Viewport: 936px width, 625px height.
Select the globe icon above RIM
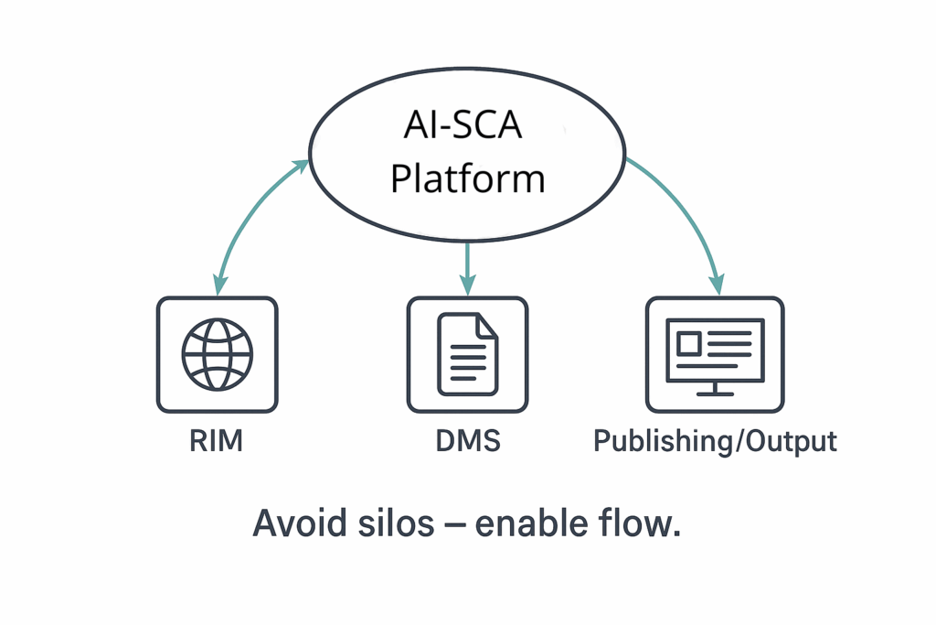(x=217, y=352)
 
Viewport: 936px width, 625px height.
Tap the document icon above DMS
(x=467, y=353)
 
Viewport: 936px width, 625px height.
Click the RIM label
(x=217, y=441)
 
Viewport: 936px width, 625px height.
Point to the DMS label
(x=467, y=441)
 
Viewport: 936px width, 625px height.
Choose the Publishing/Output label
(x=715, y=441)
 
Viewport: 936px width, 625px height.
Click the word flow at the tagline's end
(x=644, y=525)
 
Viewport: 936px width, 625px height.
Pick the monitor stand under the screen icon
(x=715, y=388)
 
